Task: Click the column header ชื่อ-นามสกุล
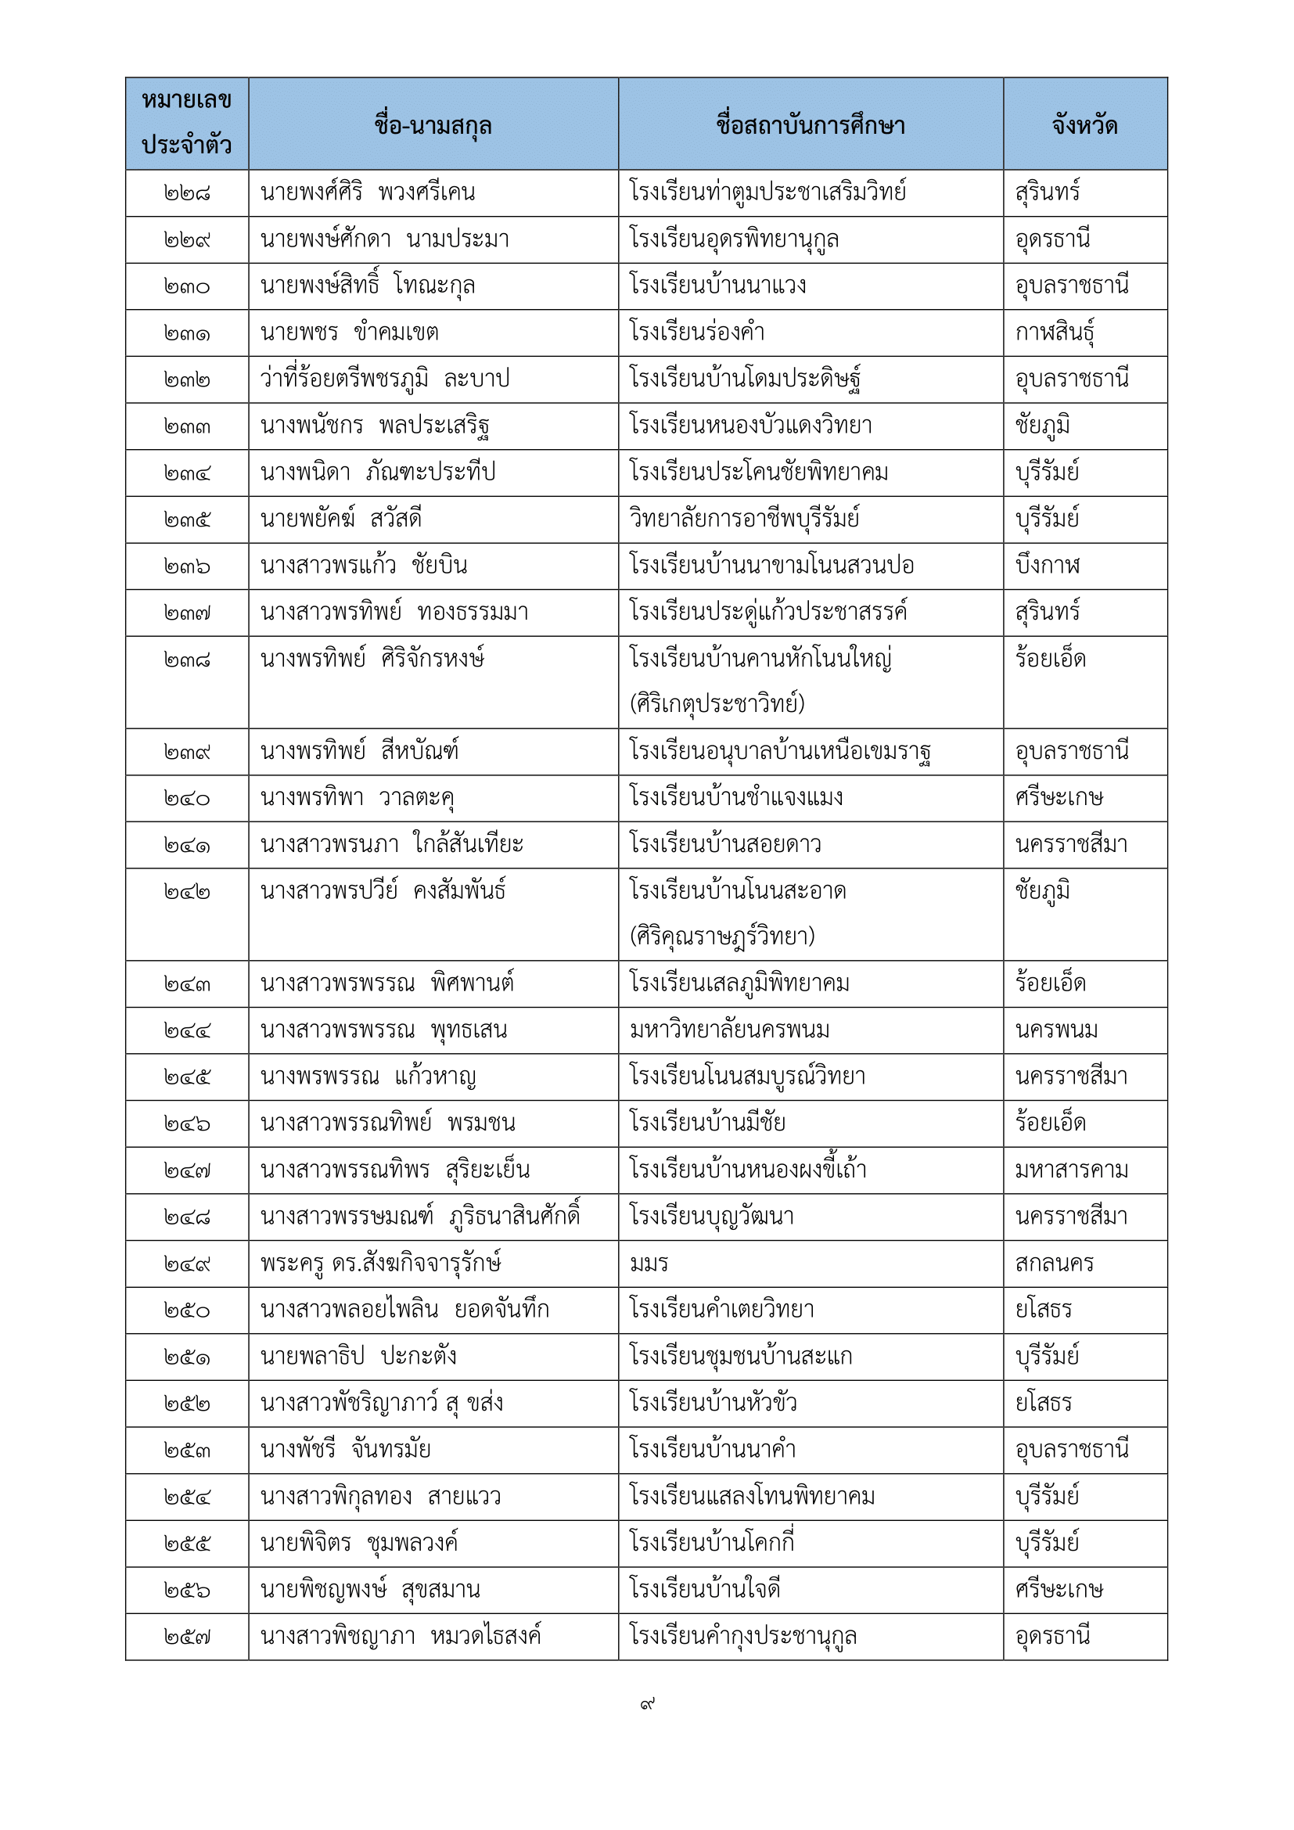coord(433,125)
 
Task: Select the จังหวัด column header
coord(1084,125)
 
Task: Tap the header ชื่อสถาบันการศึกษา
coord(811,125)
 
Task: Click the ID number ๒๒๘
coord(187,193)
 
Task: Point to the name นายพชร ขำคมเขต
coord(349,333)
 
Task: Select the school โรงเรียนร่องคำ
coord(697,333)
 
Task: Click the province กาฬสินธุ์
coord(1054,333)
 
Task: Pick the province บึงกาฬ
coord(1048,566)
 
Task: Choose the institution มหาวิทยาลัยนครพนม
coord(729,1030)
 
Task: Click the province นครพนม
coord(1056,1030)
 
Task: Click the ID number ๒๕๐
coord(187,1310)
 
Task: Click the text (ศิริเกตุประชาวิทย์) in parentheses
coord(717,704)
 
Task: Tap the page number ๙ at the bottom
coord(647,1704)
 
